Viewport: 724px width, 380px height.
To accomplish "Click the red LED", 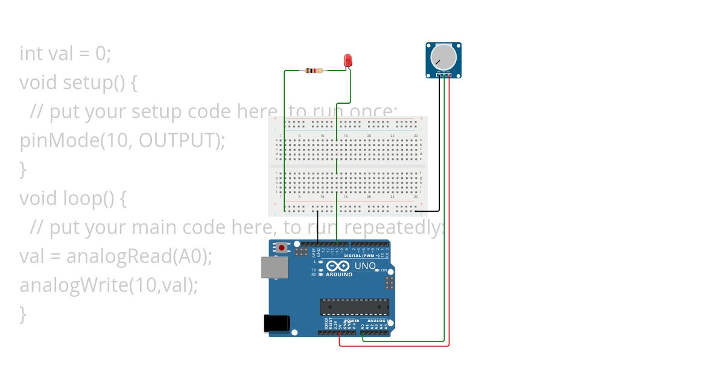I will click(348, 60).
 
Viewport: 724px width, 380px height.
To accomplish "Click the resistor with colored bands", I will click(315, 71).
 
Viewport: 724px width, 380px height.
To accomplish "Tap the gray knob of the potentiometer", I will click(444, 57).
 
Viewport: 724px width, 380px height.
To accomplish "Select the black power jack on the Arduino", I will click(277, 323).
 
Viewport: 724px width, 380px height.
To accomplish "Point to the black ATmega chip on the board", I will click(353, 307).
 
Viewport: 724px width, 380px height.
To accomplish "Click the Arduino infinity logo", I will click(338, 266).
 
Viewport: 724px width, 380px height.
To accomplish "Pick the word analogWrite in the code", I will click(72, 285).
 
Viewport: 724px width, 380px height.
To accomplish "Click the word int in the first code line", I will click(30, 53).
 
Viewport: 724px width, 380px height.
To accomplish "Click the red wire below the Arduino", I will click(392, 346).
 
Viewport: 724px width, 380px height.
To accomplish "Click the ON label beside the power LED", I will click(384, 270).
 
